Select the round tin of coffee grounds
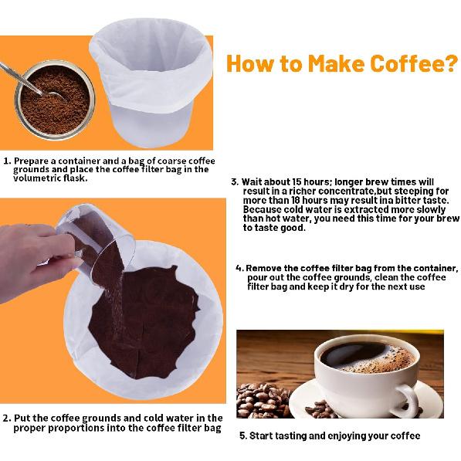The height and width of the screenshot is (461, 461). point(55,100)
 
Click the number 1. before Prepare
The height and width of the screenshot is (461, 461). point(8,161)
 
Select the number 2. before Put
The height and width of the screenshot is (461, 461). point(8,418)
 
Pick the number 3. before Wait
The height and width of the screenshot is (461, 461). point(235,182)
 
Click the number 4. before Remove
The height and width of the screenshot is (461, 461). point(239,268)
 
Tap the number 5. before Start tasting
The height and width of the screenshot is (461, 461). point(243,436)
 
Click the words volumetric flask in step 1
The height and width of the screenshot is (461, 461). point(50,178)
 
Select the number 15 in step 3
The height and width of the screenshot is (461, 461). point(297,182)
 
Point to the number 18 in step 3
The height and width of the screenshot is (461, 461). point(296,200)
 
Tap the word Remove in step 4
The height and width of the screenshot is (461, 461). point(264,268)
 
